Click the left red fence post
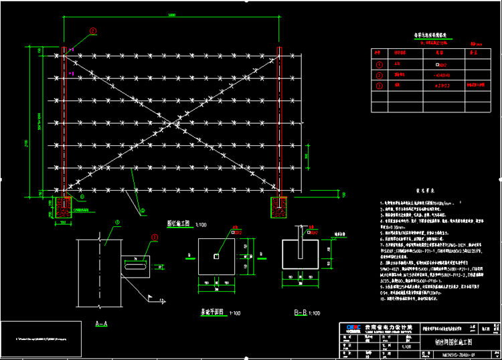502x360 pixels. click(65, 120)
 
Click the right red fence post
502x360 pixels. click(279, 120)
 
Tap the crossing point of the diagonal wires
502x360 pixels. click(172, 122)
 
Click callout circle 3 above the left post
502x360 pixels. click(93, 31)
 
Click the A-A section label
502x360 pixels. click(102, 323)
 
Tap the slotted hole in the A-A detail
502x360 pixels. click(135, 266)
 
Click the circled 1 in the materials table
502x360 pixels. click(380, 65)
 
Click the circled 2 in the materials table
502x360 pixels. click(380, 75)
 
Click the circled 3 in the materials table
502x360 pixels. click(380, 86)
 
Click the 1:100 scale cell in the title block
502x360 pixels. click(406, 347)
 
